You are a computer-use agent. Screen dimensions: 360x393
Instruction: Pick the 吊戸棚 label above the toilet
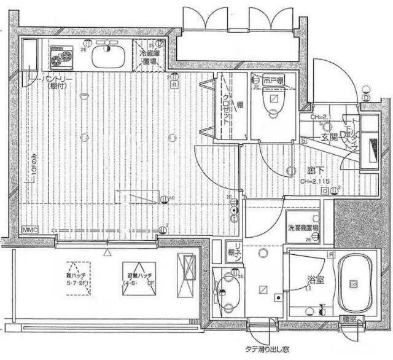(x=271, y=80)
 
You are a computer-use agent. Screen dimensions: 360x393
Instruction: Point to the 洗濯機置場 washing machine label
(x=303, y=227)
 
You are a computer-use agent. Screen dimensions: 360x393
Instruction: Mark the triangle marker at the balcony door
(x=108, y=251)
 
